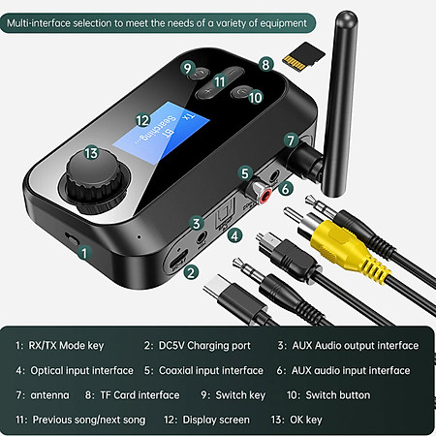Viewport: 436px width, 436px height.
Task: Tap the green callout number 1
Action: point(85,253)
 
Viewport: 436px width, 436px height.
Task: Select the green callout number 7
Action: point(290,140)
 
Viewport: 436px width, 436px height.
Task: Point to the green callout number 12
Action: point(142,121)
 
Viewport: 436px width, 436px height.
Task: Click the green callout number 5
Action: point(245,171)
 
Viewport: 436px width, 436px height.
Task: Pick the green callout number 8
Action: point(265,63)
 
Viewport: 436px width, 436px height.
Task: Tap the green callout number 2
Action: point(191,272)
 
